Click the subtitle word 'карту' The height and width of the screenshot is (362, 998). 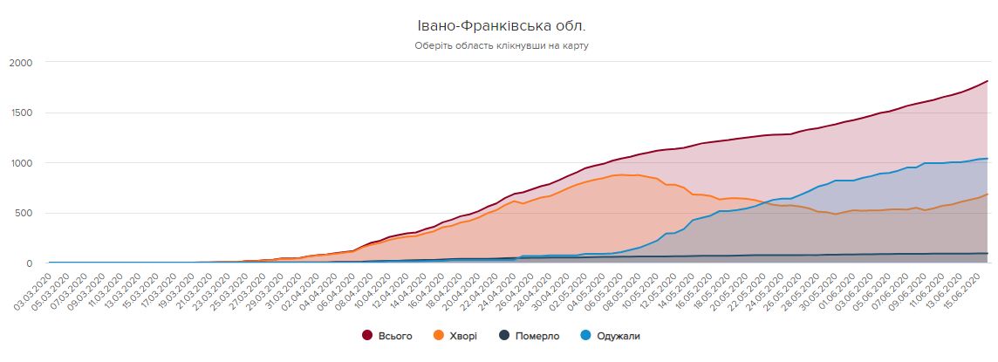[575, 45]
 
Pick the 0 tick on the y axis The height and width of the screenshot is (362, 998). [28, 263]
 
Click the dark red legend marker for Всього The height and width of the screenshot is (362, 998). [367, 336]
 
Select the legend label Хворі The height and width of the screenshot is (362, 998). [463, 336]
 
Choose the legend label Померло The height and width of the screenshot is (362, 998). [538, 336]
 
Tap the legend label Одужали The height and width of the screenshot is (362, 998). [619, 336]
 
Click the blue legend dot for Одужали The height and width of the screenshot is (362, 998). [586, 336]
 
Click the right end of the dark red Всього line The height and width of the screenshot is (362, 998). [987, 81]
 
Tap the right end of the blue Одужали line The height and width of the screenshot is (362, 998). [987, 159]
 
